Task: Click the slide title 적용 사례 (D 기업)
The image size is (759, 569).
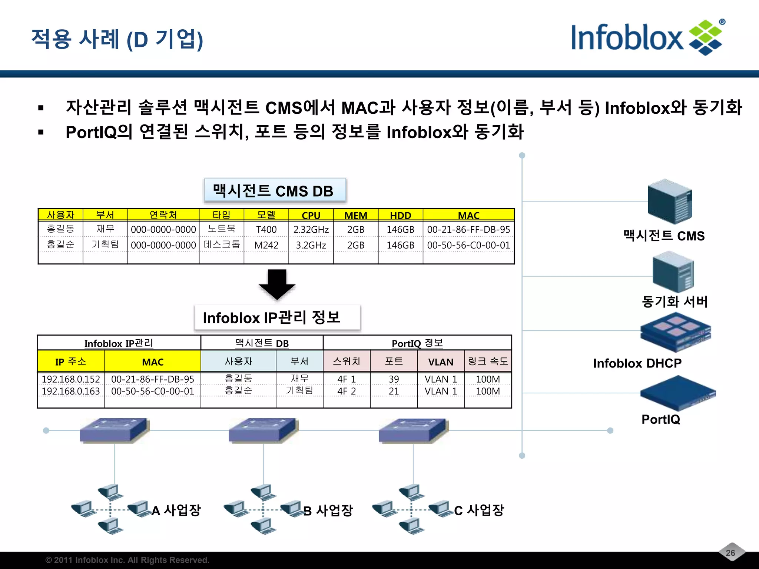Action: click(117, 39)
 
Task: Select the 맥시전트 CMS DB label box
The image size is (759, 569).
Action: click(275, 191)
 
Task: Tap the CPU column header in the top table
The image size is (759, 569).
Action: click(311, 215)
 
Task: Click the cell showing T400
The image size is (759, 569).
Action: click(266, 230)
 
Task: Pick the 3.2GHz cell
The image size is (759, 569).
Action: click(311, 245)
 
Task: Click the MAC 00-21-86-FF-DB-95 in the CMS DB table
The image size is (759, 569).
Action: click(468, 230)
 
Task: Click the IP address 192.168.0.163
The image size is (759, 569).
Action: click(71, 391)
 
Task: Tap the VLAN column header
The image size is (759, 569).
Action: click(441, 362)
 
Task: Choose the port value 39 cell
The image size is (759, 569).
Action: click(394, 379)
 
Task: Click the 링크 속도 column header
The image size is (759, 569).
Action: click(488, 361)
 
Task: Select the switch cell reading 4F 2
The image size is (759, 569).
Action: click(346, 391)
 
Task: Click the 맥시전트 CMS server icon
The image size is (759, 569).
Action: click(669, 202)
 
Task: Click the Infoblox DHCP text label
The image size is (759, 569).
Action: click(637, 363)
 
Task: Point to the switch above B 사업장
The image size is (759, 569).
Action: click(263, 430)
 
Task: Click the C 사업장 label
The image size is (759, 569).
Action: click(479, 510)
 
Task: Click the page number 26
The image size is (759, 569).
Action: click(730, 553)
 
